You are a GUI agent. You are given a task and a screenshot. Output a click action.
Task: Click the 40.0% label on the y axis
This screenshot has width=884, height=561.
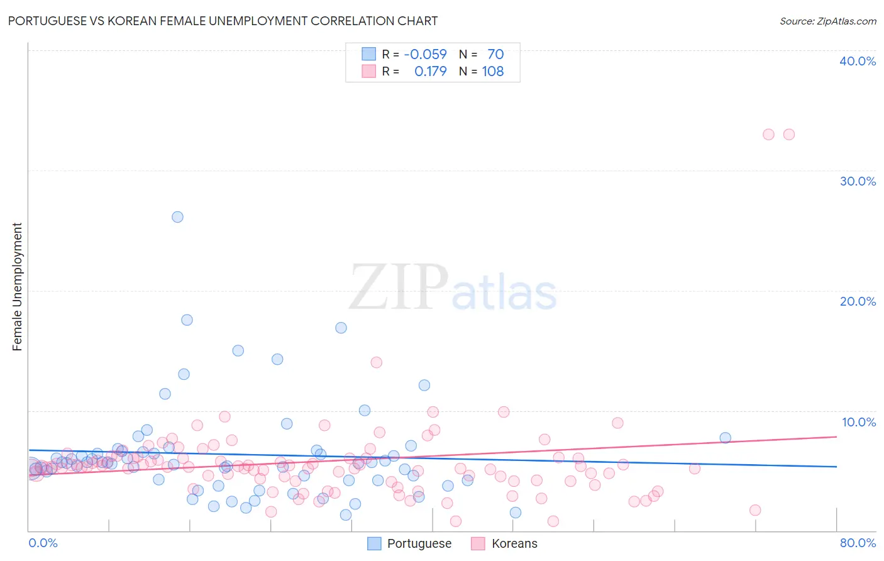click(857, 61)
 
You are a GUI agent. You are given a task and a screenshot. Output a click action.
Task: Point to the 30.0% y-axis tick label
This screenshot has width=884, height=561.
click(857, 181)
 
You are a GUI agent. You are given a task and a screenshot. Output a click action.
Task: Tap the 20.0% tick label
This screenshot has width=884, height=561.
click(857, 301)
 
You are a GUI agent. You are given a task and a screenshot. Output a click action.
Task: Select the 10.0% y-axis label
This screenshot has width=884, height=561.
click(858, 422)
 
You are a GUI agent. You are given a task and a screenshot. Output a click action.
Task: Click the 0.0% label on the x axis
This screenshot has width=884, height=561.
click(43, 543)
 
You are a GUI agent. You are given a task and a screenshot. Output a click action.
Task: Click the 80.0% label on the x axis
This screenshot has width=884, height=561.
click(858, 543)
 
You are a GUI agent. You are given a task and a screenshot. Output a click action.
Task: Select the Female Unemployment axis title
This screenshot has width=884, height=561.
click(17, 287)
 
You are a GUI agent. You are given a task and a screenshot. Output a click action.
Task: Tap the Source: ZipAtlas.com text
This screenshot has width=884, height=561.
click(827, 21)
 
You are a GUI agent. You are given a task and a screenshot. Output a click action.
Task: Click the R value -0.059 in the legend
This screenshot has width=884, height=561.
click(425, 54)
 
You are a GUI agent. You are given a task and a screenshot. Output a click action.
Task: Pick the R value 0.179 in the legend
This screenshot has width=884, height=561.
click(430, 71)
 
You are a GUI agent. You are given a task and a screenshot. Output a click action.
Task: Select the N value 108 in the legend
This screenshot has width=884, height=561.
click(493, 71)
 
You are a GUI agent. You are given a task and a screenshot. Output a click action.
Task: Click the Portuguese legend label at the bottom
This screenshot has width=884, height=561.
click(419, 543)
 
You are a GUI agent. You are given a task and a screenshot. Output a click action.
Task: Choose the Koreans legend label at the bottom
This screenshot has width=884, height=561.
click(514, 543)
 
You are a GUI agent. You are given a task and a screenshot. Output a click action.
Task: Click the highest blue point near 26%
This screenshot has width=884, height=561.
click(177, 217)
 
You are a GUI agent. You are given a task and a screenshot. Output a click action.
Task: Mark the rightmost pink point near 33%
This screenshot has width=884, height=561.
click(788, 135)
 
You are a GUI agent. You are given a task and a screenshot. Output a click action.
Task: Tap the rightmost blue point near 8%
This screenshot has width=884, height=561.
click(725, 438)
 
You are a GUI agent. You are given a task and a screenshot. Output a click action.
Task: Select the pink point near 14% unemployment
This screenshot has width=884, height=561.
click(376, 362)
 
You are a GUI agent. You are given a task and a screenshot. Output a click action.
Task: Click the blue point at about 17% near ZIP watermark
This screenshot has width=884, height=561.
click(341, 328)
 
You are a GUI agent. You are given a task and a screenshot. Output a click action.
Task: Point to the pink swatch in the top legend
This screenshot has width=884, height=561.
click(368, 71)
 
